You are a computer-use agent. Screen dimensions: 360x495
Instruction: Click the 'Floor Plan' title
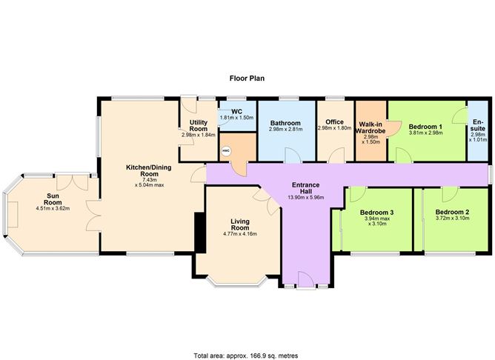coord(247,77)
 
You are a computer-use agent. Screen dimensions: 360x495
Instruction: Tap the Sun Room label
coord(53,199)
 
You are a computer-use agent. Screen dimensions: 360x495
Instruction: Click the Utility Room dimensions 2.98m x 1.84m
coord(198,135)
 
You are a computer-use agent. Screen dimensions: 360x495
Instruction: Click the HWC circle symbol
coord(227,150)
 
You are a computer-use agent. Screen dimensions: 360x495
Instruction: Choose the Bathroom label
coord(285,122)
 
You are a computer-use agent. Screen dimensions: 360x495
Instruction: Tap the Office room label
coord(334,122)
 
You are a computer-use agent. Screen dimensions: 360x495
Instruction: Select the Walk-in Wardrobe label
coord(371,127)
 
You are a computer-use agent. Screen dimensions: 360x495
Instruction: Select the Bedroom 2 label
coord(453,212)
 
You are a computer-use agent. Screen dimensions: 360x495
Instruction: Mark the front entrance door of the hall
coord(305,280)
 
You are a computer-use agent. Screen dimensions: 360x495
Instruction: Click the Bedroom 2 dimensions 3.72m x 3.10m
coord(453,219)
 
